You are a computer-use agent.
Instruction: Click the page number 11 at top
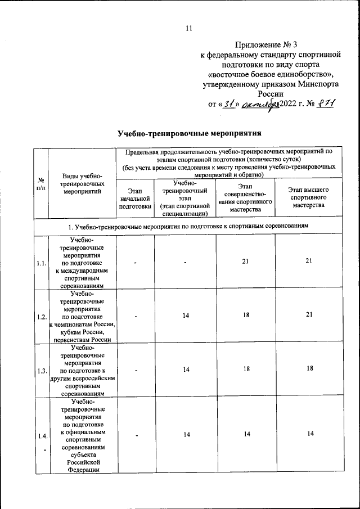188,29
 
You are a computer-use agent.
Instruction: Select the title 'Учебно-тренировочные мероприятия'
190,134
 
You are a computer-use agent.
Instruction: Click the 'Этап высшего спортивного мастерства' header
308,198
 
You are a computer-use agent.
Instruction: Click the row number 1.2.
41,317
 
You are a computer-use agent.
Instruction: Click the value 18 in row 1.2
246,315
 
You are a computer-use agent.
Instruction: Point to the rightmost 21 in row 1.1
308,260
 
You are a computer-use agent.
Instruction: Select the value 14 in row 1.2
185,316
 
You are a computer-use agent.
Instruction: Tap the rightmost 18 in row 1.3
308,370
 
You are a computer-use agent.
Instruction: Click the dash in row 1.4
136,435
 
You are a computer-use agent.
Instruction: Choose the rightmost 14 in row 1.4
308,434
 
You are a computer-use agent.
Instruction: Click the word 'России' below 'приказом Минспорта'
271,94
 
